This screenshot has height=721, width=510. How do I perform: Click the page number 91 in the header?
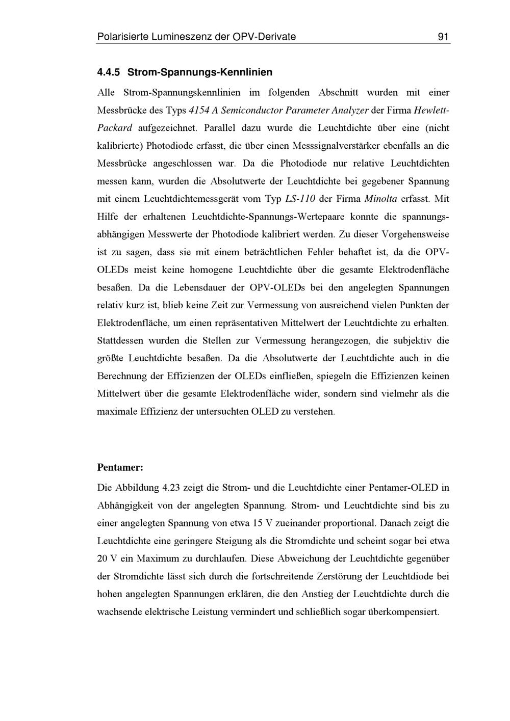[x=443, y=37]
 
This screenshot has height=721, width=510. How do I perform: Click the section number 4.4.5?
[x=108, y=72]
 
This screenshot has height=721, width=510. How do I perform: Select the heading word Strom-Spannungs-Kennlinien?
[x=200, y=72]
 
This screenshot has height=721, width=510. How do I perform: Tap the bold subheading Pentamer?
[x=120, y=467]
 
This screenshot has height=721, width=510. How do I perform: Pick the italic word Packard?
[x=115, y=128]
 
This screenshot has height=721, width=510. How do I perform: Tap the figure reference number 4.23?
[x=171, y=488]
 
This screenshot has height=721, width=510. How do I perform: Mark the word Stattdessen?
[x=122, y=340]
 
